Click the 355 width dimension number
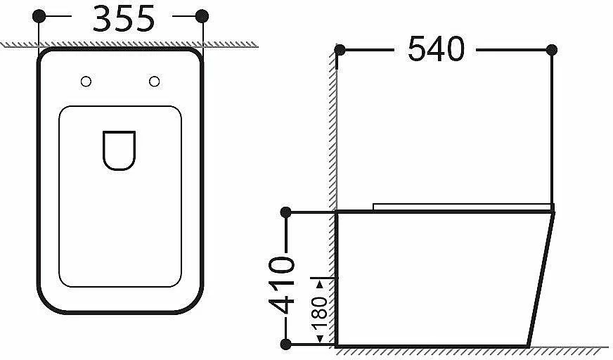[124, 19]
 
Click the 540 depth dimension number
[437, 49]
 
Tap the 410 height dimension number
[281, 285]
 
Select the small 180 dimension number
[319, 312]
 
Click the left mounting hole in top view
[86, 82]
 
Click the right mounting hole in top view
[155, 82]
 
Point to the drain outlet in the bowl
[120, 150]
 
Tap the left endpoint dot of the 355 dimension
[39, 16]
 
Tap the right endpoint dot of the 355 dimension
[202, 16]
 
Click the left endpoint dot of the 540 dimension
[340, 50]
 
